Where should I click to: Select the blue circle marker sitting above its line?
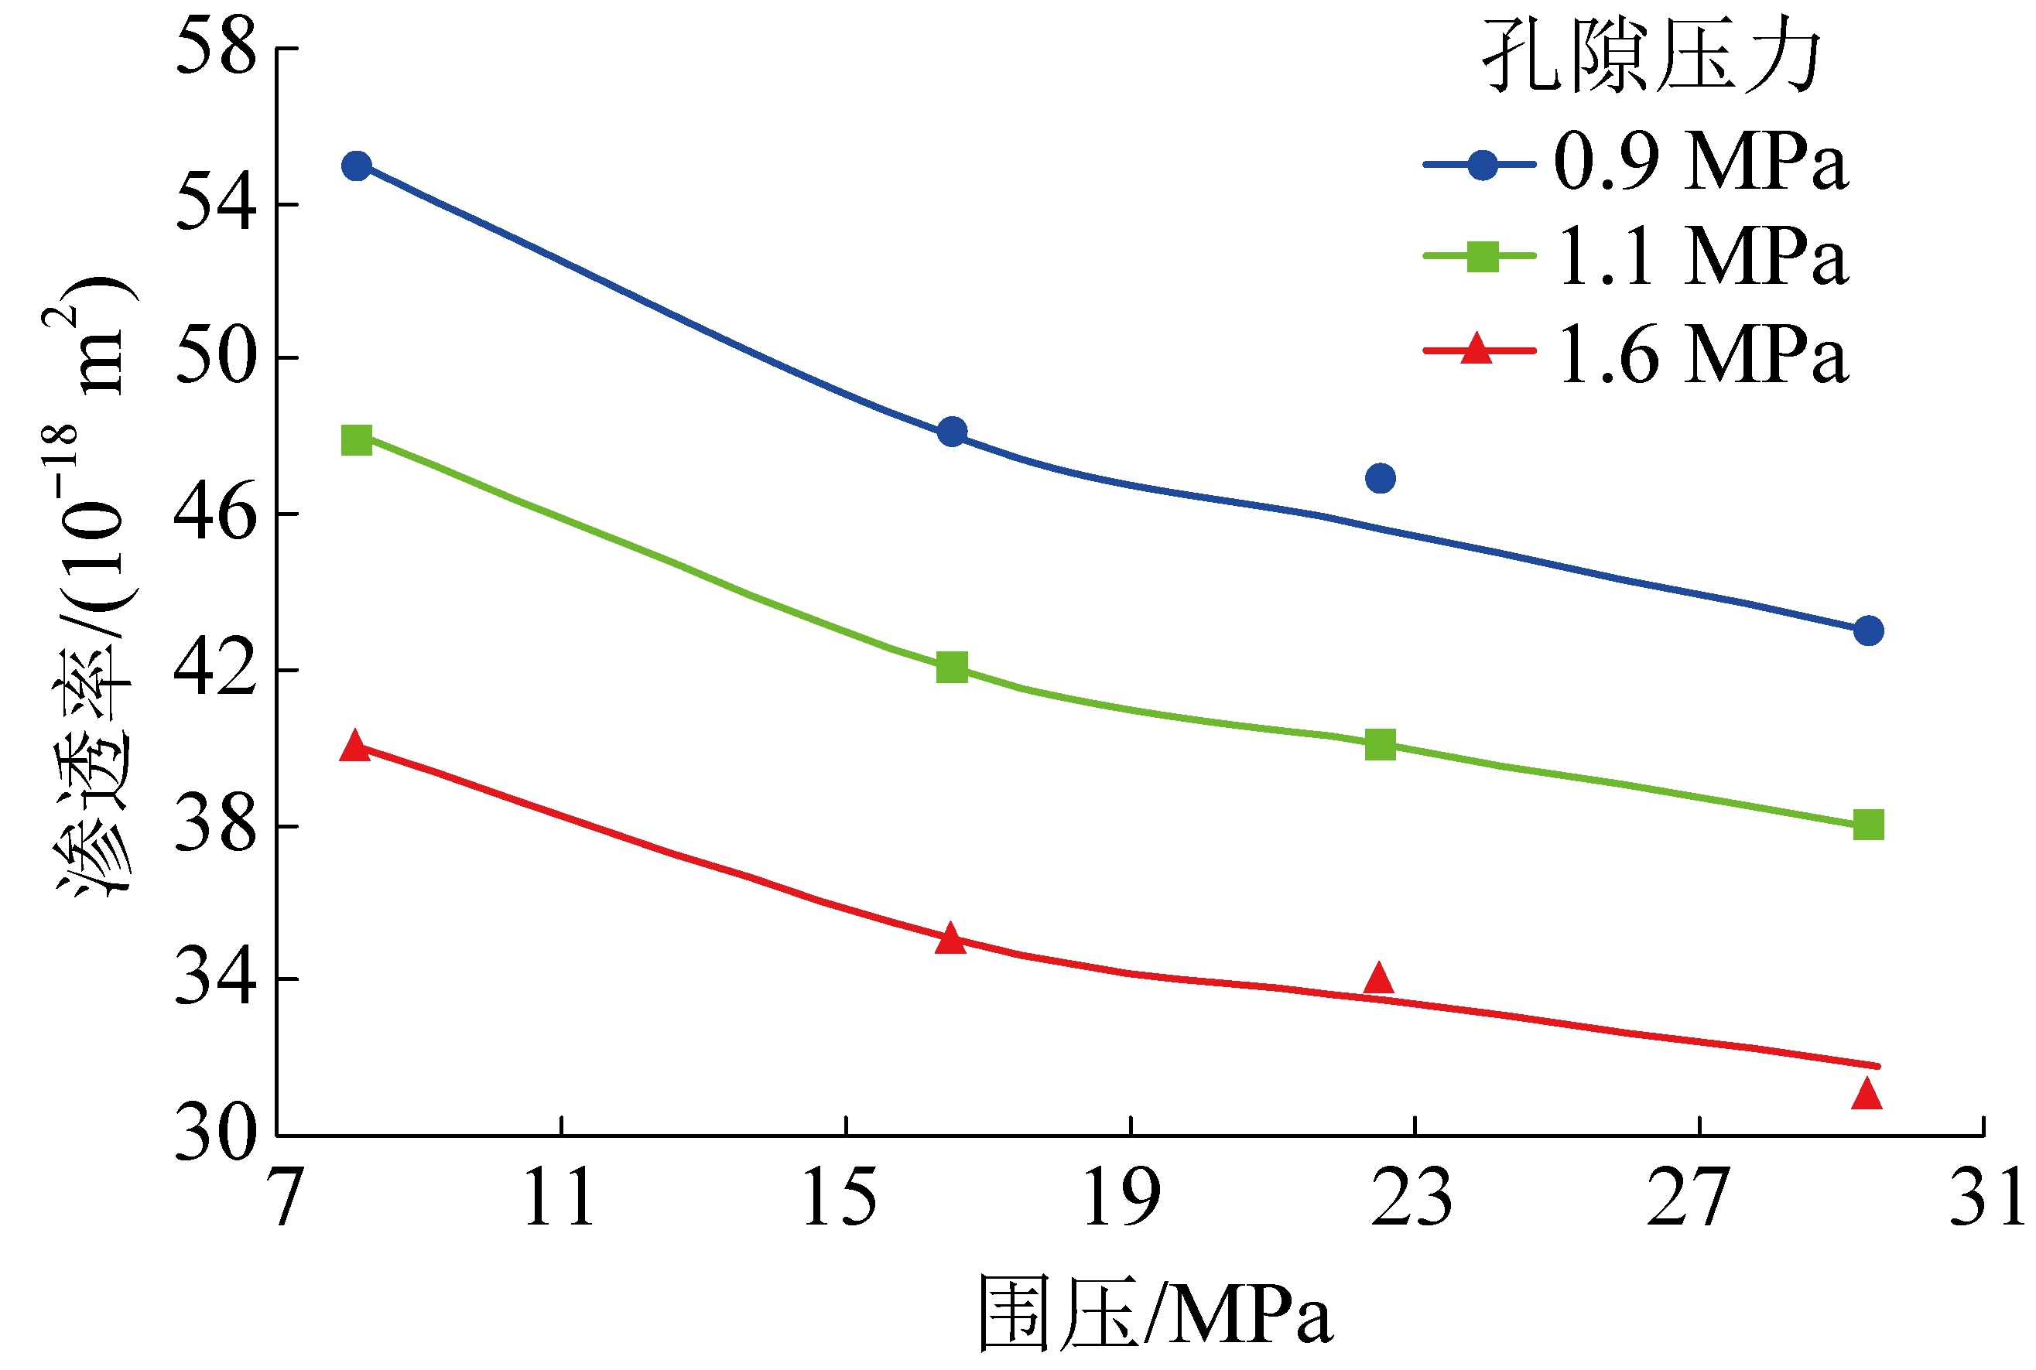tap(1380, 478)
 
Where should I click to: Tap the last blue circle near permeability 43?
tap(1868, 630)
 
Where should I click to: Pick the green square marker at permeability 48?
tap(357, 439)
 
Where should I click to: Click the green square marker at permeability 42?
tap(952, 667)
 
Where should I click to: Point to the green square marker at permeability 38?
tap(1868, 824)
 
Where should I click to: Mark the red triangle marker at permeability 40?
tap(354, 745)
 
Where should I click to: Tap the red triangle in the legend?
tap(1477, 349)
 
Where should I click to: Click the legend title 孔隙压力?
tap(1651, 56)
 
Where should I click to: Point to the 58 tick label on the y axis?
tap(216, 48)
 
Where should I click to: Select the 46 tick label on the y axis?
tap(216, 513)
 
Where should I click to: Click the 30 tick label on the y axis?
tap(216, 1133)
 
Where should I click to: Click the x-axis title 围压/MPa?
tap(1154, 1315)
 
